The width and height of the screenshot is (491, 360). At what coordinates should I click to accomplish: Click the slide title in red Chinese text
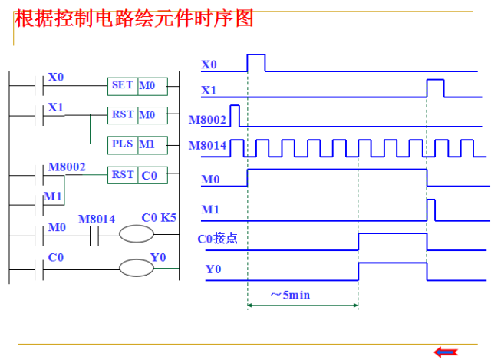134,19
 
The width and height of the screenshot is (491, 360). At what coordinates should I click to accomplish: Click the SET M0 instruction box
137,86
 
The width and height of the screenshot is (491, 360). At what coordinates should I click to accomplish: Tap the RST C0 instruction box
137,175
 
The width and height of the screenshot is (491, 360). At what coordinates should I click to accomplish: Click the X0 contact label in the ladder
56,78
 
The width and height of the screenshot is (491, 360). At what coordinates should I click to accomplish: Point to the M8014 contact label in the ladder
96,220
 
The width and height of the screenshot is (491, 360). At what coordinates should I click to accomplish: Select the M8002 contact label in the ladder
67,167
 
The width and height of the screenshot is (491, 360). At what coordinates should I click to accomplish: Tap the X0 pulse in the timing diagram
255,62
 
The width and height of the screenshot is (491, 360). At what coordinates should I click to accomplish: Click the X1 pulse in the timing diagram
435,88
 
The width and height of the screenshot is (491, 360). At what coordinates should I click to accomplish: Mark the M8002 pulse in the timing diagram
235,115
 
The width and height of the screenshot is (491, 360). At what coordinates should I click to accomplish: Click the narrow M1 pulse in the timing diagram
431,209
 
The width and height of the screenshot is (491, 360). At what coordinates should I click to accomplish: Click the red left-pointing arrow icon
446,352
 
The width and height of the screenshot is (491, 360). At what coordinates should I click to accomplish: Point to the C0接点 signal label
218,239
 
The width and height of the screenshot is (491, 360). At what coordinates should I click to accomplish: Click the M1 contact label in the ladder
52,197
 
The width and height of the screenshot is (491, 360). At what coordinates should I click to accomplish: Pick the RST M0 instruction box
137,115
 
